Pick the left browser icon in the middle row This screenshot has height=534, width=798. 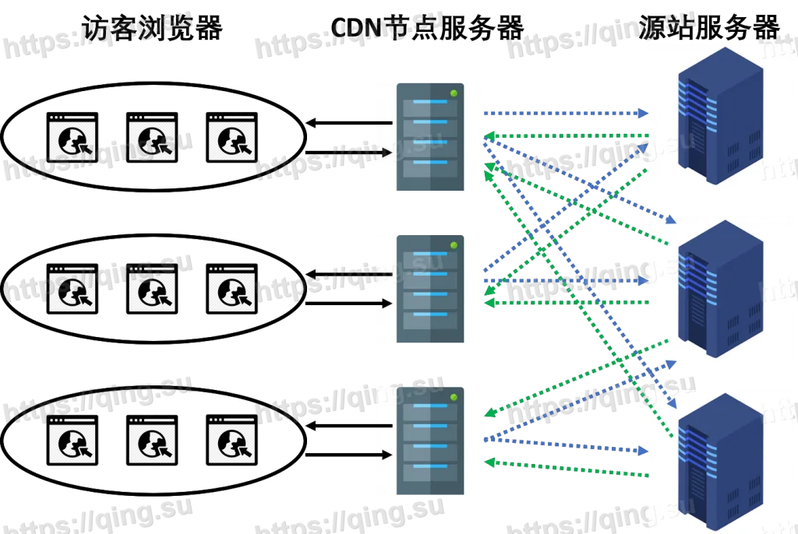point(72,290)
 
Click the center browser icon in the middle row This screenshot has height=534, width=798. point(152,290)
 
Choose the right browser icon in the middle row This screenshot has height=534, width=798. point(231,290)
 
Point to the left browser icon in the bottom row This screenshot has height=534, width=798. point(72,441)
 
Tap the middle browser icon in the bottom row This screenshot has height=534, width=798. point(152,441)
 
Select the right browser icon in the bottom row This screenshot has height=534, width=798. point(231,441)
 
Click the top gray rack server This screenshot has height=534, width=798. point(430,136)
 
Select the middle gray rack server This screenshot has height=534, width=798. point(430,289)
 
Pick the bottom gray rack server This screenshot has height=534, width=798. point(430,441)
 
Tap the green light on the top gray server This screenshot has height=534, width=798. point(454,93)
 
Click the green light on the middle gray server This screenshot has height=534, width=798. point(454,245)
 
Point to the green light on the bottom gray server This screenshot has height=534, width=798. point(454,398)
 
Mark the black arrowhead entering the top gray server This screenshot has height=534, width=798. point(386,153)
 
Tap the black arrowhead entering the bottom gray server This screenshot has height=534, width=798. point(386,454)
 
